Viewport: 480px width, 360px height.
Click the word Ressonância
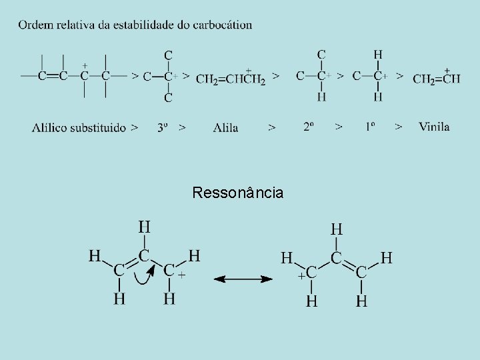(237, 193)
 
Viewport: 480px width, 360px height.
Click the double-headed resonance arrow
(243, 279)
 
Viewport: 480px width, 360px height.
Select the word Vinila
(434, 126)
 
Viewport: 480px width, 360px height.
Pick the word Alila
(226, 127)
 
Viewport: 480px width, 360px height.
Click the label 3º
(163, 127)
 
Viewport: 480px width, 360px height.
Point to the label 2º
(308, 126)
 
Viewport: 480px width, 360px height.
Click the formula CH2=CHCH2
(231, 79)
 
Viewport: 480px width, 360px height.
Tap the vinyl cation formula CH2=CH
(436, 79)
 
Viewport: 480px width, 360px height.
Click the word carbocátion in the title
(222, 25)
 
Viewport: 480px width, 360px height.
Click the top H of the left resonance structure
(144, 227)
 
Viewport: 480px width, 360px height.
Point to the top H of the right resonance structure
(337, 229)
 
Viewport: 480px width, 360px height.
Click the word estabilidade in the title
(145, 25)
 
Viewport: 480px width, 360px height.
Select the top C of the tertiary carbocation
(168, 55)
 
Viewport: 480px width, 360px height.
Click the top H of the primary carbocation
(378, 55)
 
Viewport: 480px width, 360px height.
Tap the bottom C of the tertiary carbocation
(168, 97)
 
